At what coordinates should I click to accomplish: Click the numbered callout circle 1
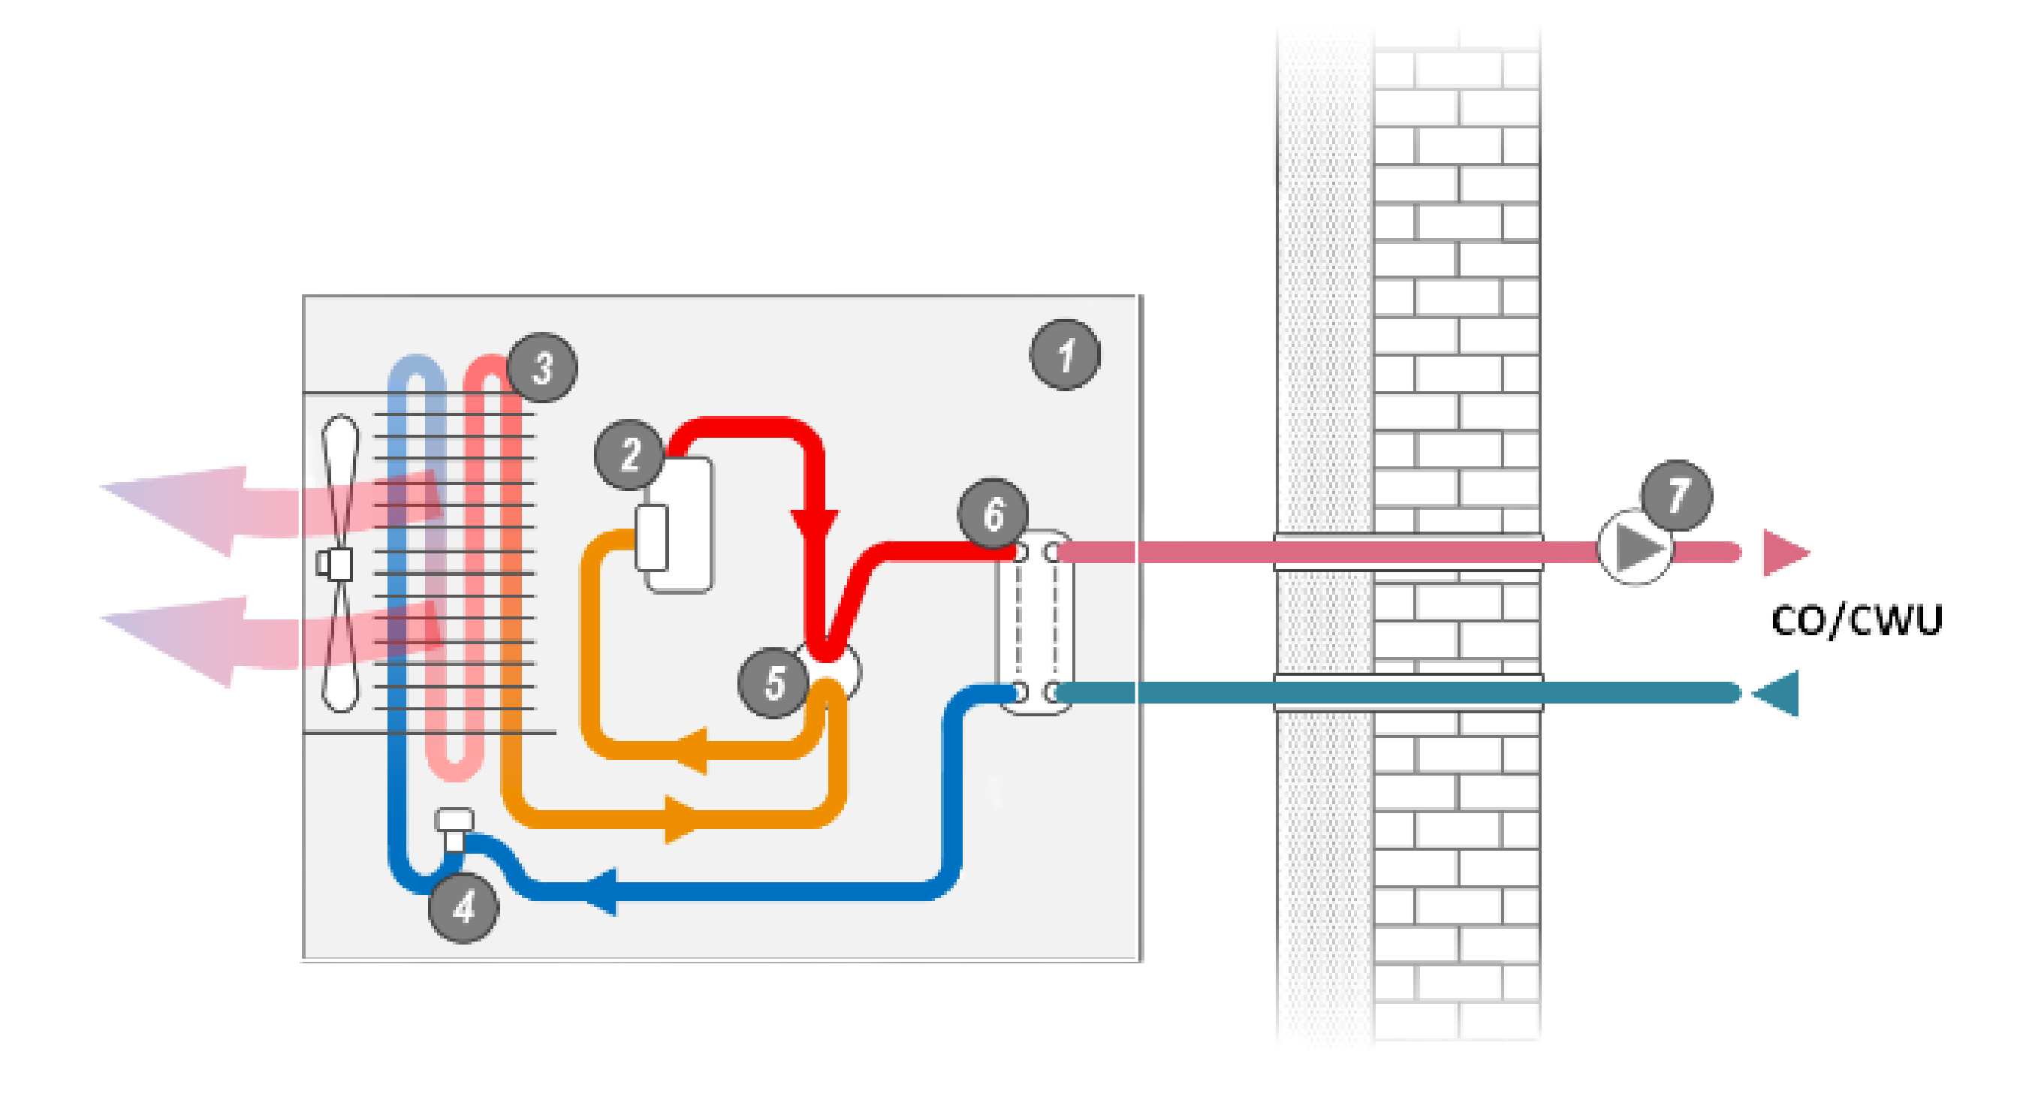pos(1064,354)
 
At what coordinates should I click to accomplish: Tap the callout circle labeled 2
pos(630,455)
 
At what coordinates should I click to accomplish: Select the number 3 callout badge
pos(542,368)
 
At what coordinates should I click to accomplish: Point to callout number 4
pos(463,907)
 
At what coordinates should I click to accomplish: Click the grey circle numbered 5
pos(774,683)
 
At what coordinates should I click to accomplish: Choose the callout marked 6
pos(993,514)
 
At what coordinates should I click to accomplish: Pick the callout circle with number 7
pos(1677,496)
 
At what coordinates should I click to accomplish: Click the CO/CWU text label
pos(1856,621)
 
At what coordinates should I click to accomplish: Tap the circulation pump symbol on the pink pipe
pos(1635,547)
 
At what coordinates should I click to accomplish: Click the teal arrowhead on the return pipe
pos(1777,693)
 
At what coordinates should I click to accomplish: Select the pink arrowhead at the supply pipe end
pos(1784,553)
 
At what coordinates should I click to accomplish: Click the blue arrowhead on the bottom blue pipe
pos(602,891)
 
